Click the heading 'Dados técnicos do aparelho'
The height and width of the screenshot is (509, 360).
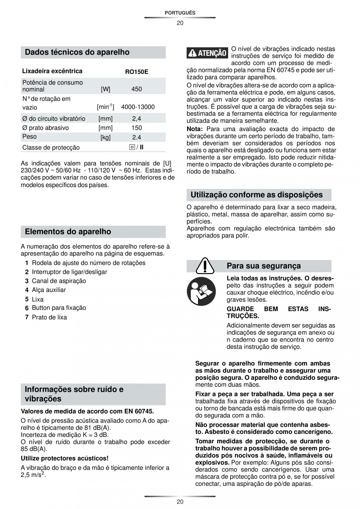77,52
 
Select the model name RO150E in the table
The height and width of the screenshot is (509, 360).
137,72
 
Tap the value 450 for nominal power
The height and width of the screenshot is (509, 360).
137,89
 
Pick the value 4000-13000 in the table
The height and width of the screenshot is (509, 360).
138,107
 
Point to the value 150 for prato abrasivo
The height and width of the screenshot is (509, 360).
137,128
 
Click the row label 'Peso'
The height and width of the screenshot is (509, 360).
30,137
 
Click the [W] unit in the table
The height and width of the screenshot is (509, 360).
106,89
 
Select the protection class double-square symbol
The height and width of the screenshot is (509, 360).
132,147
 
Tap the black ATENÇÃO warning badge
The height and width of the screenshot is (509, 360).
207,54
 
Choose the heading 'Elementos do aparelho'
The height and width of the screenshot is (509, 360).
68,232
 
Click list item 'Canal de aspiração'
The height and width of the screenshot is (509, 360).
59,281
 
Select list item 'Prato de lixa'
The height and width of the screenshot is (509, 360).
49,317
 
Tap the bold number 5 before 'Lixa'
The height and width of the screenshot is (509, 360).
27,300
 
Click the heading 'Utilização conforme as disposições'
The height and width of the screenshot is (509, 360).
257,194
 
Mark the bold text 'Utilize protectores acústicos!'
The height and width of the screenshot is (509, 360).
65,458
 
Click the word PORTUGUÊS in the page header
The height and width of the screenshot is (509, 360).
180,13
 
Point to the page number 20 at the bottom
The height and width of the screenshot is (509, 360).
180,502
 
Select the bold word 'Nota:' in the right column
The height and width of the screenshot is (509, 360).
194,129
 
